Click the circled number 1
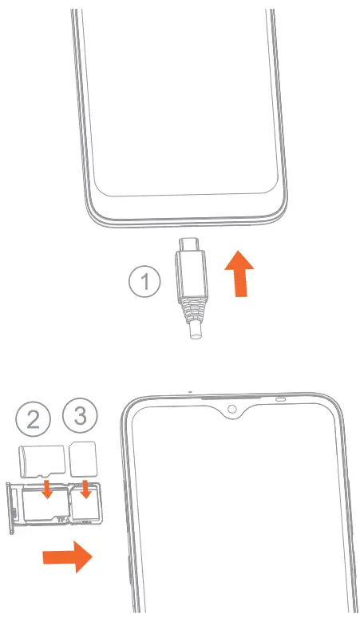point(144,283)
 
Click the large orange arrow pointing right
point(68,557)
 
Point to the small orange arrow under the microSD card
point(47,486)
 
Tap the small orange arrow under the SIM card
point(85,487)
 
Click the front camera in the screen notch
point(231,410)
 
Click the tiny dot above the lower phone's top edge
point(189,392)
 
